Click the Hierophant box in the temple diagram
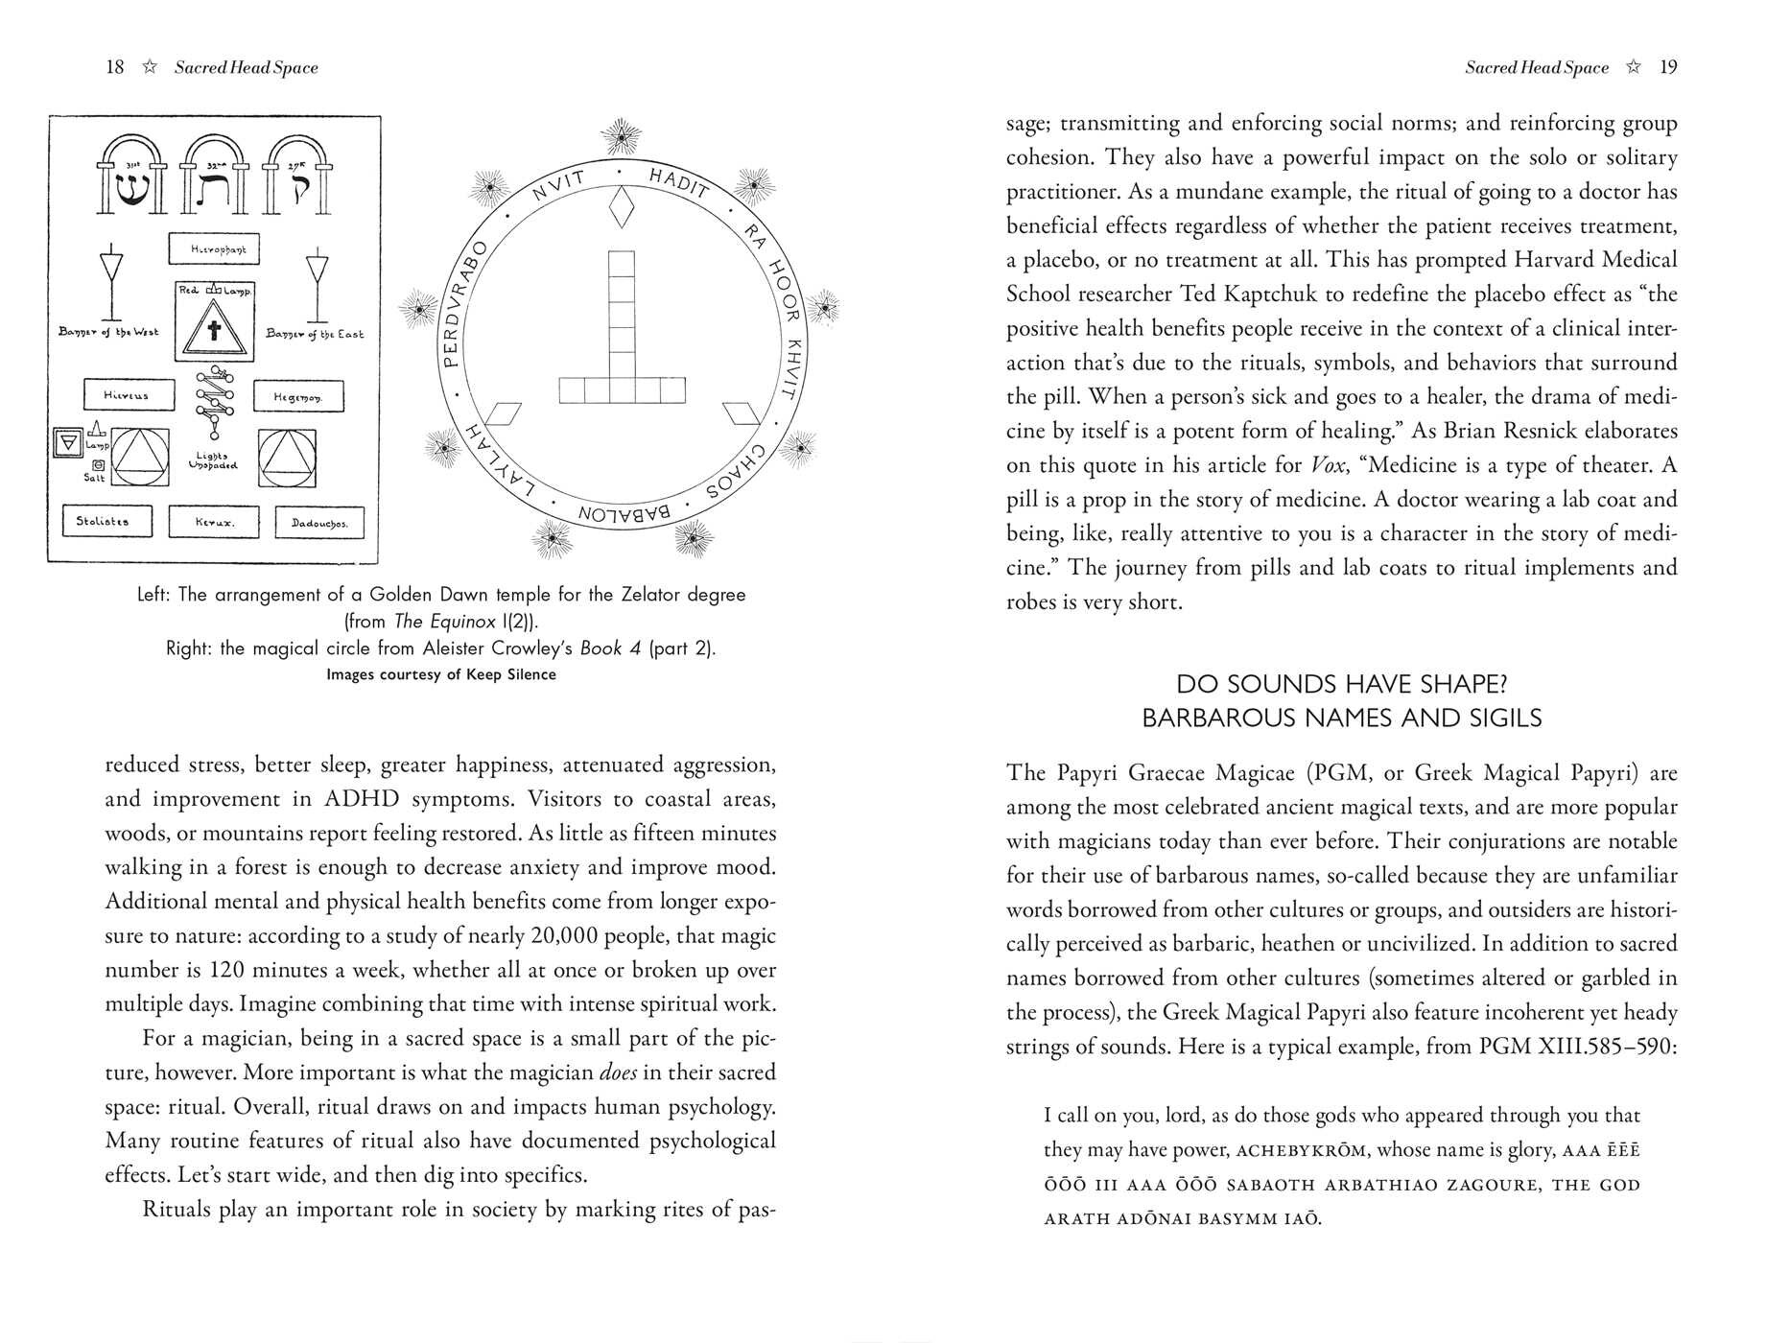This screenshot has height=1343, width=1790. tap(214, 249)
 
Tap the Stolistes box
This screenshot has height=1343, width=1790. tap(106, 522)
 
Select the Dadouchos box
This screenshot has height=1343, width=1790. tap(319, 524)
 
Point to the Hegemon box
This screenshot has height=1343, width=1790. tap(297, 396)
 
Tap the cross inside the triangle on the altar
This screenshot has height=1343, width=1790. tap(214, 332)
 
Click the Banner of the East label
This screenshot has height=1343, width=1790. tap(315, 334)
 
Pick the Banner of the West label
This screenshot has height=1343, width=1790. tap(108, 332)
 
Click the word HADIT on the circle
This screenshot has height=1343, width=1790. tap(678, 182)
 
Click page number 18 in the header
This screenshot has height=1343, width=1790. tap(115, 67)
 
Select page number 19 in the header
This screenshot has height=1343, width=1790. tap(1668, 67)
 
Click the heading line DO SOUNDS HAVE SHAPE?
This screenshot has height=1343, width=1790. tap(1342, 684)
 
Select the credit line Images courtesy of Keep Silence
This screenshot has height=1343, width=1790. tap(441, 674)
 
